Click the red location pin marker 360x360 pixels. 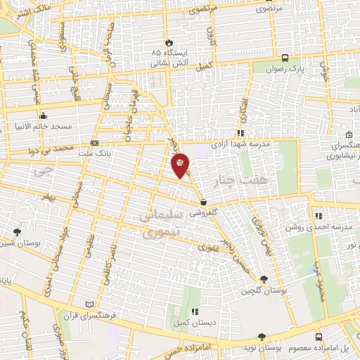[181, 165]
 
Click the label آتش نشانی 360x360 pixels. [167, 63]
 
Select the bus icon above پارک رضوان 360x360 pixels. [285, 58]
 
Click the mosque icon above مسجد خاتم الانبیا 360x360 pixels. [44, 116]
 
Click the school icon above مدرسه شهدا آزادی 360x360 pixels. [240, 132]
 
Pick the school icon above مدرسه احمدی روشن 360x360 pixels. [319, 216]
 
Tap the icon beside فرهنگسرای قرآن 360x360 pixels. [88, 304]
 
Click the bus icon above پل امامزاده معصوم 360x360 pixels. [319, 337]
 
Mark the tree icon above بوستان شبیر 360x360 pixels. [17, 231]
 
